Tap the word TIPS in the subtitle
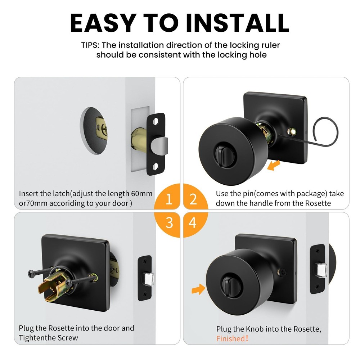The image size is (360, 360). [91, 45]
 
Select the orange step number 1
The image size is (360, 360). [169, 199]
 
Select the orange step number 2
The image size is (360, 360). [193, 199]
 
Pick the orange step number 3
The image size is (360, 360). [169, 223]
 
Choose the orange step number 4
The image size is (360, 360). [193, 223]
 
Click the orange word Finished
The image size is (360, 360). [230, 338]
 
